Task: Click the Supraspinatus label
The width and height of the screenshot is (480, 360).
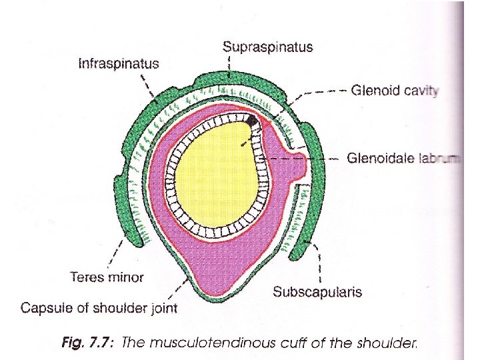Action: click(x=267, y=47)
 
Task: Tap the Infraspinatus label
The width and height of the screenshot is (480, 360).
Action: click(x=119, y=64)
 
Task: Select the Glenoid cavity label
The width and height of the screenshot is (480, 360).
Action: click(x=395, y=91)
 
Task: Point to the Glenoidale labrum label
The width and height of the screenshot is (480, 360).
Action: click(x=403, y=159)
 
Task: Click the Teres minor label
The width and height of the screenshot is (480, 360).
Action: click(x=107, y=276)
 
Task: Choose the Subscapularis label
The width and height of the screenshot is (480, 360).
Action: click(x=317, y=292)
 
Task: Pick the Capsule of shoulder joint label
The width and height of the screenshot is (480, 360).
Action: click(x=99, y=308)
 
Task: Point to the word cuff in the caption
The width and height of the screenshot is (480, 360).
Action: click(x=317, y=343)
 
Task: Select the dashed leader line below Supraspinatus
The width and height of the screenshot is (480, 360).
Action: click(x=230, y=67)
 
